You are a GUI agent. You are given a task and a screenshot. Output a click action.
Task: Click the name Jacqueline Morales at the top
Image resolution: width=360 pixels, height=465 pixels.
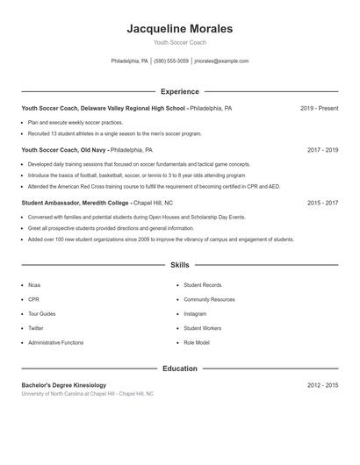(x=180, y=28)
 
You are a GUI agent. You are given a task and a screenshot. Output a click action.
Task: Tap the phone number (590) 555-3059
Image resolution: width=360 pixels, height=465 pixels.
(x=171, y=61)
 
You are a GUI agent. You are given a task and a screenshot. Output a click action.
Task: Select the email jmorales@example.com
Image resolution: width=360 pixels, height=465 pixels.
(x=221, y=61)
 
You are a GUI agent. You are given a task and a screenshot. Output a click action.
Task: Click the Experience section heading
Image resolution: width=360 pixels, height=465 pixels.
(x=180, y=91)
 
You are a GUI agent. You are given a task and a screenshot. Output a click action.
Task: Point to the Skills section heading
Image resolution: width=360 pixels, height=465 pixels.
(x=180, y=264)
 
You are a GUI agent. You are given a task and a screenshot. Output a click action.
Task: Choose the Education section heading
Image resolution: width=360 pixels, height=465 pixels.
(x=180, y=368)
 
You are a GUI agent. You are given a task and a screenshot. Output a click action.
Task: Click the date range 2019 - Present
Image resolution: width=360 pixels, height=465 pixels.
(x=319, y=108)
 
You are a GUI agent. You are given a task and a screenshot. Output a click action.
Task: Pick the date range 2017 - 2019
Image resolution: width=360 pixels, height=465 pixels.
(x=322, y=150)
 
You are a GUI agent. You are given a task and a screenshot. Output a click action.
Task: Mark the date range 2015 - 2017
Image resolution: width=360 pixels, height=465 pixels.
(x=322, y=203)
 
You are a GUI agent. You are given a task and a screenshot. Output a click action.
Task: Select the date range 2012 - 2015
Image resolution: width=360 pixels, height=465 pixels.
(x=322, y=385)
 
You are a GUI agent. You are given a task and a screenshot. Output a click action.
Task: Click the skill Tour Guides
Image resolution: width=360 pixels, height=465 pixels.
(x=41, y=314)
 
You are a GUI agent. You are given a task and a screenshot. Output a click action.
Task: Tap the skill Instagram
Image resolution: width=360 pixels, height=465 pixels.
(x=195, y=314)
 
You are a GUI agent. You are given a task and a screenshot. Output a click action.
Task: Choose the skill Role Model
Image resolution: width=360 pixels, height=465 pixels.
(x=197, y=342)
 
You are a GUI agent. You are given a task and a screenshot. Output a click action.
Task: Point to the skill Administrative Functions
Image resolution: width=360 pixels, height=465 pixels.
(x=56, y=342)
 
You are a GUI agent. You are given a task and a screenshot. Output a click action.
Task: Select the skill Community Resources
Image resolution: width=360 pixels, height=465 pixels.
(x=209, y=300)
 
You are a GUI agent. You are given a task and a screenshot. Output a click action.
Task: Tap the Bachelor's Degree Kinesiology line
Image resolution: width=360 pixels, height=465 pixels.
(x=63, y=385)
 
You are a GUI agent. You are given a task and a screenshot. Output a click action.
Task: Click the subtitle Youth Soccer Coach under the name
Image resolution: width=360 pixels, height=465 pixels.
(x=180, y=42)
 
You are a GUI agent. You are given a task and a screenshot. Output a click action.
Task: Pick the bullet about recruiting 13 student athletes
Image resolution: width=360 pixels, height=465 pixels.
(x=114, y=133)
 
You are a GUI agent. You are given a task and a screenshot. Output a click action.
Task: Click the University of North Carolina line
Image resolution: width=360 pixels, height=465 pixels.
(x=88, y=394)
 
